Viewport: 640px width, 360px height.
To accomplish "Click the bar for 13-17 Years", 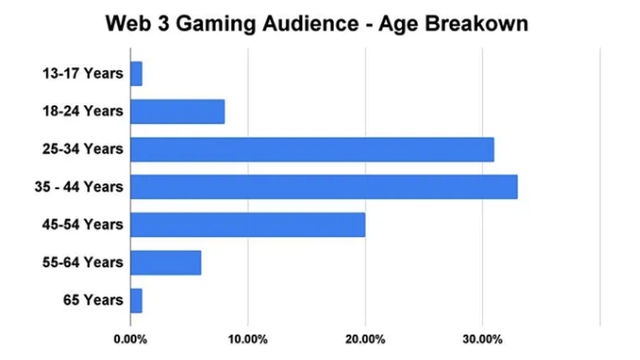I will pos(136,74).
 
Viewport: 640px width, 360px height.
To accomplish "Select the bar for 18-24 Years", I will pos(178,111).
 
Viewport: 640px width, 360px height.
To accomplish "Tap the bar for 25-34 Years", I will pos(312,149).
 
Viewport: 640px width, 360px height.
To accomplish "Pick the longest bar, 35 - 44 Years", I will pos(324,187).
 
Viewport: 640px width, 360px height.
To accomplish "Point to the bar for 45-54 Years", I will pos(248,224).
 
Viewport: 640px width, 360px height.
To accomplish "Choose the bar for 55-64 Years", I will pos(166,262).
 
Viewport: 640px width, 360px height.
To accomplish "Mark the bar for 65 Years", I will pos(136,300).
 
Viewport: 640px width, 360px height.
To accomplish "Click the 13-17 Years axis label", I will pos(82,74).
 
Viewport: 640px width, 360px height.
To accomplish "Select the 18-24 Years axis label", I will pos(82,111).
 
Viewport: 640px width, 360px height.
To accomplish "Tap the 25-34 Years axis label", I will pos(82,149).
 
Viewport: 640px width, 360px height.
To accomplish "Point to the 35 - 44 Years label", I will pos(78,187).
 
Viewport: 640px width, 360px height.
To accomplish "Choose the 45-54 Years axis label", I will pos(82,224).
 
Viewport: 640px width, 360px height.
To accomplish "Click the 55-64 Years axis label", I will pos(82,262).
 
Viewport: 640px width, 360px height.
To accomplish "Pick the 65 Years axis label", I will pos(93,300).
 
